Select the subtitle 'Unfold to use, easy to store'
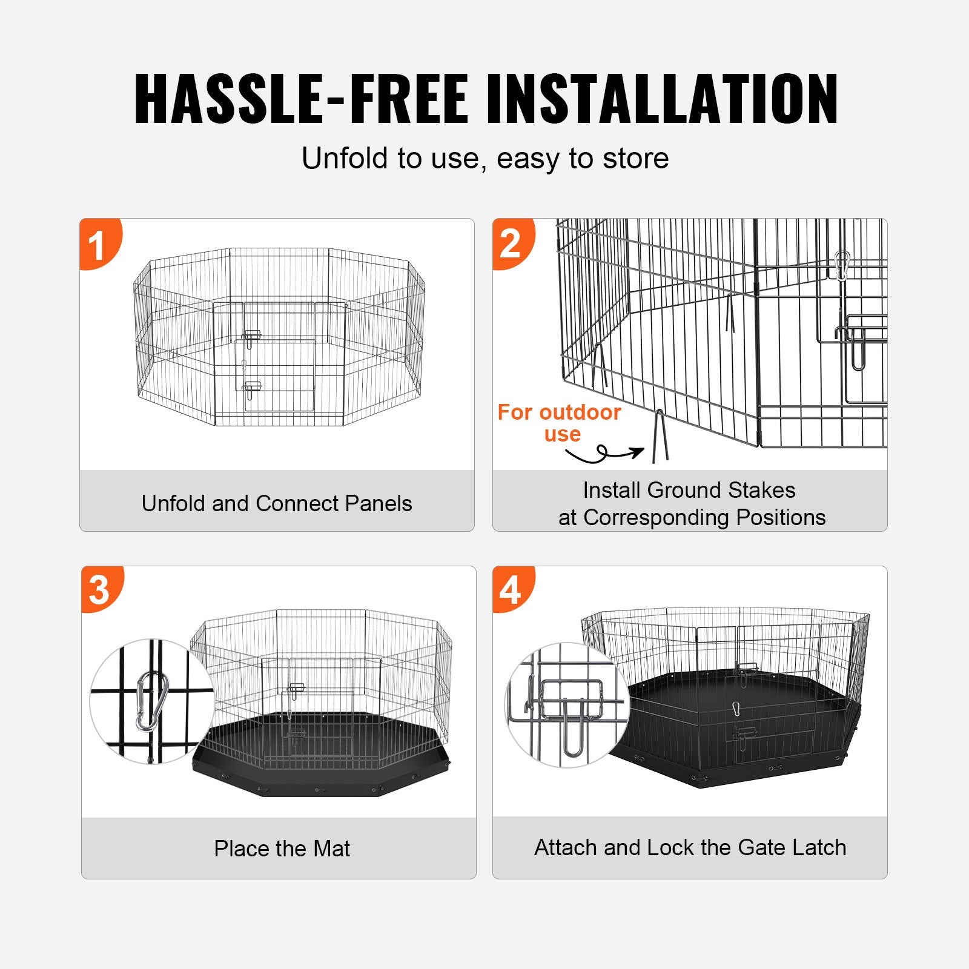485,159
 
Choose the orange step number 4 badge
511,589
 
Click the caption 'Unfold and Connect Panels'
277,503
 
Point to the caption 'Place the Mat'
282,848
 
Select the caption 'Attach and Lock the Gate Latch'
690,847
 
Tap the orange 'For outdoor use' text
560,423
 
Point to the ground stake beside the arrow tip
660,436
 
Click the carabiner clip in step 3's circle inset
151,701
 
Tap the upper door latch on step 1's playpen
251,337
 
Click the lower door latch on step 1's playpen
251,389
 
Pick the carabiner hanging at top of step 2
841,265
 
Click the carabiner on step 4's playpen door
736,709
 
